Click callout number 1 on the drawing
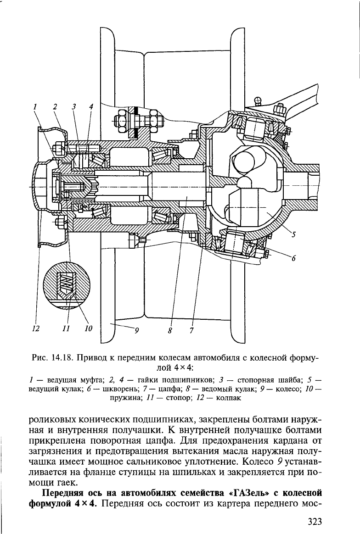(34, 106)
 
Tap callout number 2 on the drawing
(55, 106)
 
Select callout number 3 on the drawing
(73, 106)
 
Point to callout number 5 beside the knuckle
(294, 235)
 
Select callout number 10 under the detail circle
(88, 328)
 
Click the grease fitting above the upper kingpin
(260, 99)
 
